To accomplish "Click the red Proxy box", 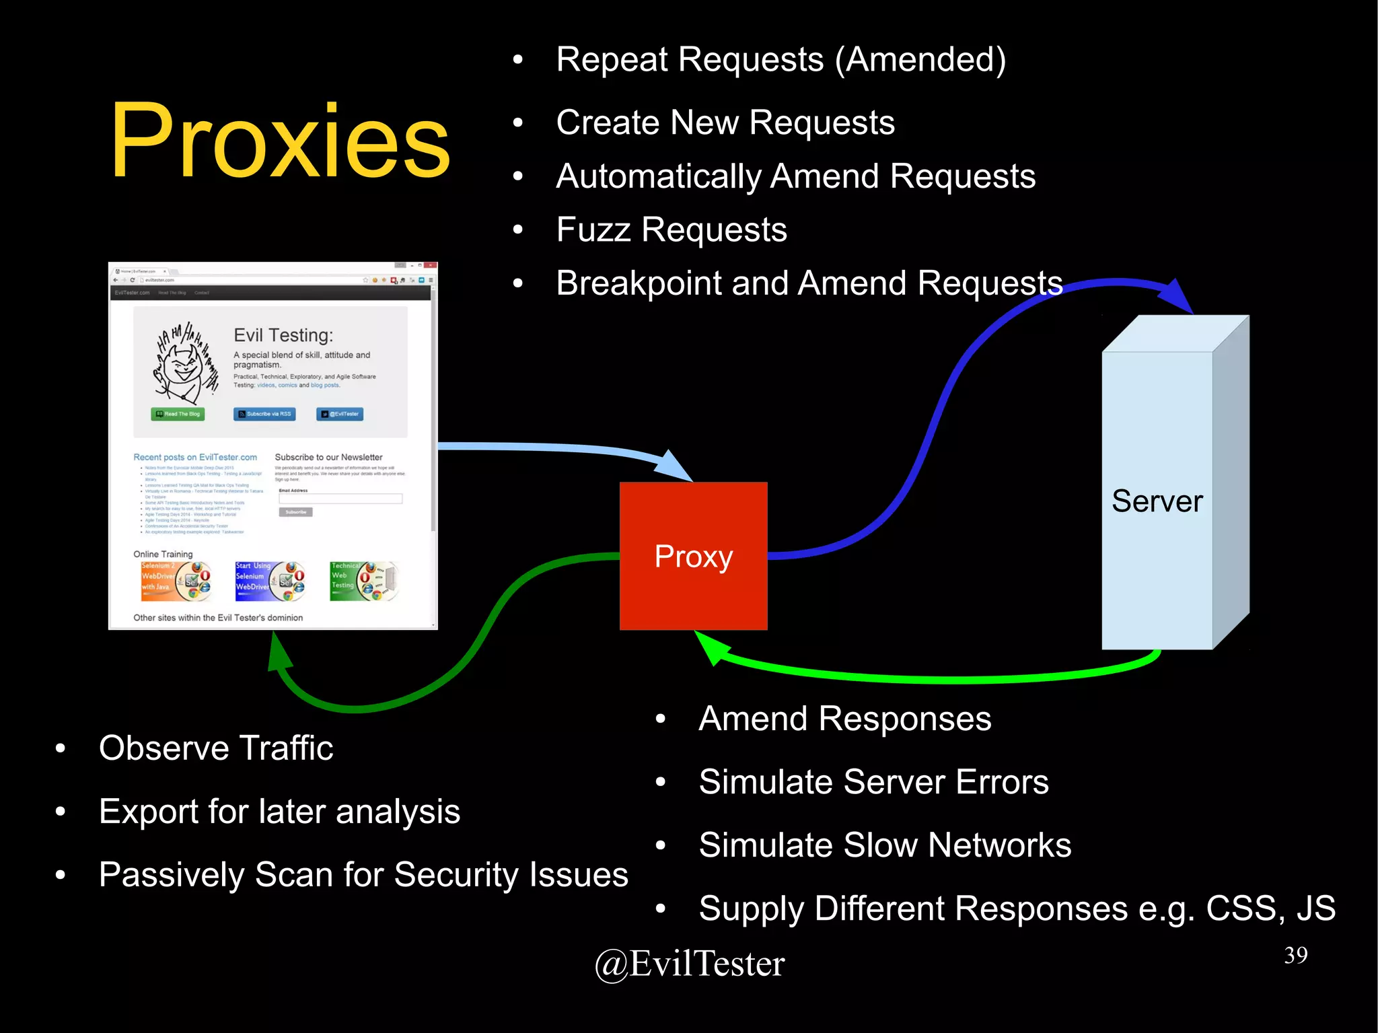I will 693,556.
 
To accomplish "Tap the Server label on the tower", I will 1157,501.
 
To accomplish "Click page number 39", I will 1295,955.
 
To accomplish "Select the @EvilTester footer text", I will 690,964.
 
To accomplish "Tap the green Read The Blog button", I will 178,414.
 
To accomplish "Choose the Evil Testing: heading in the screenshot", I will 283,335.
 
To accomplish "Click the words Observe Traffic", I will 215,748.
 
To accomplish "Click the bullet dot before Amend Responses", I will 660,719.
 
